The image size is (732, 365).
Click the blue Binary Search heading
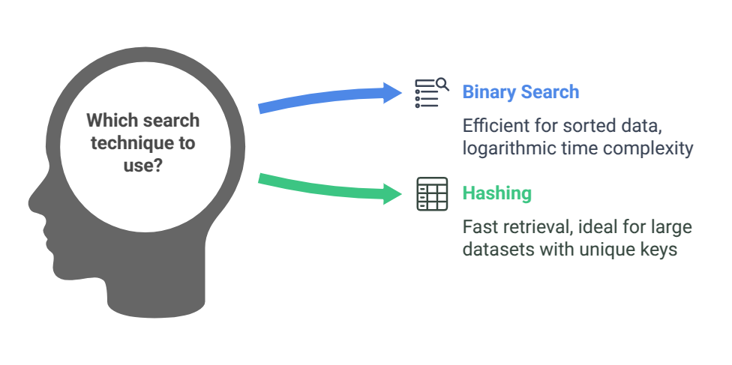point(520,92)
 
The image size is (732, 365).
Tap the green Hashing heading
point(496,193)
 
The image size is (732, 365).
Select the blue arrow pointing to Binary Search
point(330,98)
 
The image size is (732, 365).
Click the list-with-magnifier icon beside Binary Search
point(431,93)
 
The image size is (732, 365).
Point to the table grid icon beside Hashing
point(431,193)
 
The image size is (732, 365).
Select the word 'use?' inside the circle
point(142,164)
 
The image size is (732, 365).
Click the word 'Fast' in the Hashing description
point(477,226)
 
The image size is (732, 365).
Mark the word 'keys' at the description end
point(660,250)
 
